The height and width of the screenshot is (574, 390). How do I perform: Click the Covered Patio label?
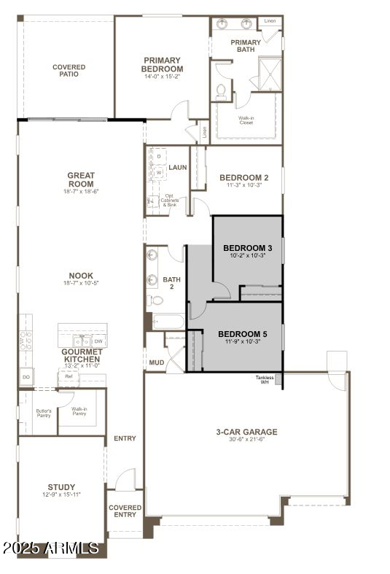tap(69, 71)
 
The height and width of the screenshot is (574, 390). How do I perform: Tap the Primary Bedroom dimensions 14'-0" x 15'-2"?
tap(163, 76)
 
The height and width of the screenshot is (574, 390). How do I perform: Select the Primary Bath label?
tap(246, 46)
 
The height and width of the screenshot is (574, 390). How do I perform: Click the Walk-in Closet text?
tap(246, 120)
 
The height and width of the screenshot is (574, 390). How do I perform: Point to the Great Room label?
tap(81, 179)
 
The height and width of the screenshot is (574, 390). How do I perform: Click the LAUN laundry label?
tap(178, 167)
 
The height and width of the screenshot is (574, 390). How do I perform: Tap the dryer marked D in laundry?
tap(158, 156)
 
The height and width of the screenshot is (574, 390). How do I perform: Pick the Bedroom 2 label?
tap(244, 177)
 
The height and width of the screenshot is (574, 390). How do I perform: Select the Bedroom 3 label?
tap(247, 248)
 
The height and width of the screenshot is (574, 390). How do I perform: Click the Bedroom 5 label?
tap(243, 335)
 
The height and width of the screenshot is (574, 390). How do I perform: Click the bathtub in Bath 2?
tap(168, 322)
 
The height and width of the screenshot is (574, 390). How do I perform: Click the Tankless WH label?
tap(265, 380)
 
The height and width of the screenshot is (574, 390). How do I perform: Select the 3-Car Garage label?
tap(246, 432)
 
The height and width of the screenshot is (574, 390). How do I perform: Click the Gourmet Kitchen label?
tap(82, 355)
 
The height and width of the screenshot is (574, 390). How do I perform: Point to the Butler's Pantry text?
tap(44, 413)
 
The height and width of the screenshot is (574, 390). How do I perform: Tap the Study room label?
tap(61, 487)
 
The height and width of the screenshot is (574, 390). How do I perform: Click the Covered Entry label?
tap(125, 511)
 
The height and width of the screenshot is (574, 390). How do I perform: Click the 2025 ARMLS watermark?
tap(51, 548)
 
